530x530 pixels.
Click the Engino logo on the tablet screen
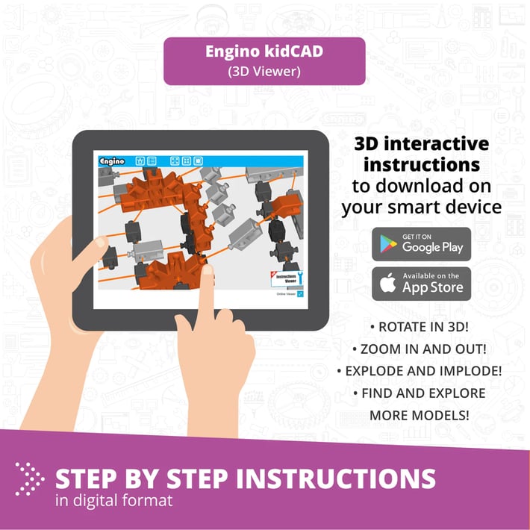point(113,160)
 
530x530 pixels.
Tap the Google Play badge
point(422,243)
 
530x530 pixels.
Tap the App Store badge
point(422,284)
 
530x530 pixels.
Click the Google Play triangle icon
point(388,244)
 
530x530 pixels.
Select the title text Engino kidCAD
point(264,54)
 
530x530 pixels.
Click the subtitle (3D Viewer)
point(264,72)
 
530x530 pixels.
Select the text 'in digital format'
point(113,500)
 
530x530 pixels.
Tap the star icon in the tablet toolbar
point(140,160)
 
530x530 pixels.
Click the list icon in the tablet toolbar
point(152,160)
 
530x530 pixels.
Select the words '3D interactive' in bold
point(421,143)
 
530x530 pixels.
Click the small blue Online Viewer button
point(299,294)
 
